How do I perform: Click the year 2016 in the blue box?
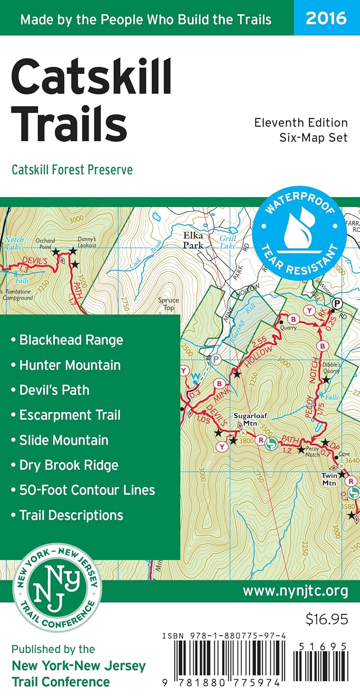pos(326,18)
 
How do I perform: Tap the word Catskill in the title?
pos(92,78)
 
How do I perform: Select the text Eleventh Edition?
pos(301,123)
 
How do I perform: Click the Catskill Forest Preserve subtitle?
pos(72,170)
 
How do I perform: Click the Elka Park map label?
pos(193,240)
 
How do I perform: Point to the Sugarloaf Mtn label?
pos(245,419)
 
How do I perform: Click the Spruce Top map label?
pos(168,304)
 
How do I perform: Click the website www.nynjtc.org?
pos(295,591)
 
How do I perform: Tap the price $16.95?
pos(327,619)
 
